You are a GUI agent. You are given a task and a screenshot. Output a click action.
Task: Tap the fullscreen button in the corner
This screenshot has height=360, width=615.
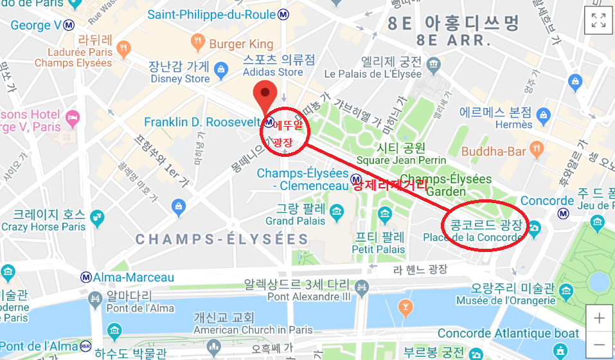[x=599, y=20]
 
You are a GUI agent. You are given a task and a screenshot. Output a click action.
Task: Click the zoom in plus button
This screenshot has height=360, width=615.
[x=599, y=318]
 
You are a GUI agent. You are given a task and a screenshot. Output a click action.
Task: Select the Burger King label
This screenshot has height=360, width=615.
[x=241, y=44]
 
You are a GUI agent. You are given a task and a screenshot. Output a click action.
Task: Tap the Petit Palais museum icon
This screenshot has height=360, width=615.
[x=385, y=214]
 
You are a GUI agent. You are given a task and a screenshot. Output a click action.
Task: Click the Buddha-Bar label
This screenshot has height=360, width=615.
[x=495, y=152]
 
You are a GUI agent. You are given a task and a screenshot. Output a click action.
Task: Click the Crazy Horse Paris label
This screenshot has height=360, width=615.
[x=43, y=226]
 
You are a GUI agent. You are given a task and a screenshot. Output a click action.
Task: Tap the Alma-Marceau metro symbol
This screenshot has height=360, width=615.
[x=85, y=277]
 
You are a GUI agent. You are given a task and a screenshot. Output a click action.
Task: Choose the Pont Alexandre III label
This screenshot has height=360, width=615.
[x=309, y=296]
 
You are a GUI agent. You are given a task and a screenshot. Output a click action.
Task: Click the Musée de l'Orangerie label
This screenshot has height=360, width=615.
[x=505, y=300]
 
